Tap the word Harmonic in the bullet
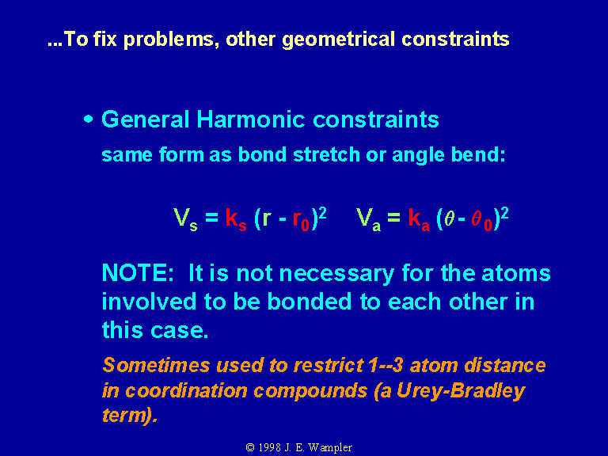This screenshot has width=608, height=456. tap(251, 119)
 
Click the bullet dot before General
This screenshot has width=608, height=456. tap(89, 119)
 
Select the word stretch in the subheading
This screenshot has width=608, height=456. tap(326, 154)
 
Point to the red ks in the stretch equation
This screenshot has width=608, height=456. tap(236, 219)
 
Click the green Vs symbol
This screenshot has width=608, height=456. tap(185, 219)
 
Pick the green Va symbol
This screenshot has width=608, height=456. tap(368, 219)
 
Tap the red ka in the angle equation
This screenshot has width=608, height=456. tap(419, 219)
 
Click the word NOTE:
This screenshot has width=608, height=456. tap(138, 273)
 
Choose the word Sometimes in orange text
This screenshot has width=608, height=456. tap(156, 365)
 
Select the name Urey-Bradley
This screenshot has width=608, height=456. tap(461, 391)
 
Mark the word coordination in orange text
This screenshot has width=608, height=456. tap(186, 391)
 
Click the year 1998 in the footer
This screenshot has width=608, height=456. tap(269, 447)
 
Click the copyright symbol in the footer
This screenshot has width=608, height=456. tap(250, 448)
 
